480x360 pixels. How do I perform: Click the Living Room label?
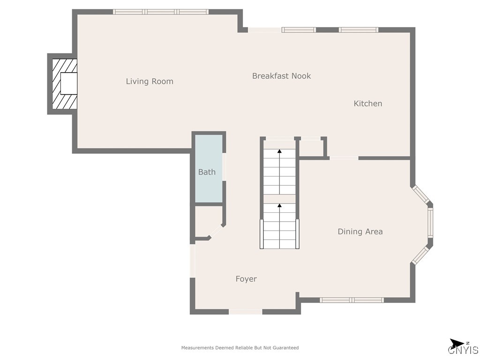click(x=150, y=82)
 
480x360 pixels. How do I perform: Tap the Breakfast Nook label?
click(x=281, y=76)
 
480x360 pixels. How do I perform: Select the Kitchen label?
click(x=367, y=104)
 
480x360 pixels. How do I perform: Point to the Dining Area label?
click(x=360, y=232)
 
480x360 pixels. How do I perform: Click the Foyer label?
click(x=246, y=279)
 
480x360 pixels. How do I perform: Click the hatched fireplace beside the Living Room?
click(x=64, y=83)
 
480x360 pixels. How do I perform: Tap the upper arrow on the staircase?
click(x=279, y=151)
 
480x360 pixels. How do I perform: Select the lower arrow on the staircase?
click(x=279, y=205)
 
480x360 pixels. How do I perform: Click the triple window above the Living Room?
click(x=161, y=12)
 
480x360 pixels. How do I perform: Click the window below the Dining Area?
click(x=352, y=300)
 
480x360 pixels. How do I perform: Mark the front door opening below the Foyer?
click(x=245, y=312)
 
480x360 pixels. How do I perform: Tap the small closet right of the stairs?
click(x=310, y=148)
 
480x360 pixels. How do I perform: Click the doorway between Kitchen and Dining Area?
click(x=344, y=158)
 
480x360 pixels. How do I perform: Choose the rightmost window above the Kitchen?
click(x=359, y=30)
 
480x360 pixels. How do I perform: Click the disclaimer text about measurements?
click(x=240, y=348)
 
